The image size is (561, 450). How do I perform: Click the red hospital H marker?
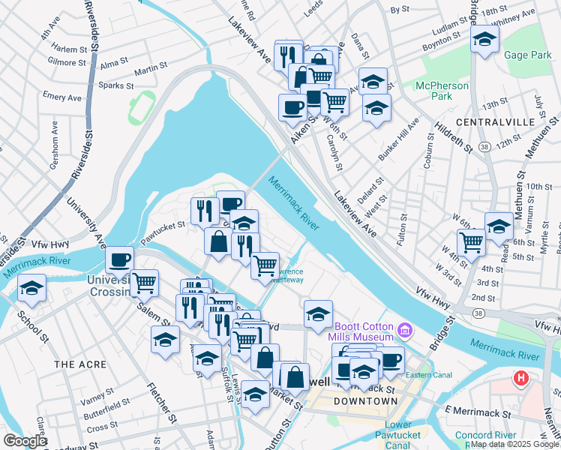coord(521,378)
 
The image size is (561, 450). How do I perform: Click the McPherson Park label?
coord(442,91)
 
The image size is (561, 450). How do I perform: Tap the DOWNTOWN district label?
coord(365,401)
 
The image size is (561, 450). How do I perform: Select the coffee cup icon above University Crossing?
coord(119,259)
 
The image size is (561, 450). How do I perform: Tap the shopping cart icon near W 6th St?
coord(470,241)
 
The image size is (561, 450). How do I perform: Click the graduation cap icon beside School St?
coord(31,287)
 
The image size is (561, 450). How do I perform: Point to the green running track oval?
coord(138,108)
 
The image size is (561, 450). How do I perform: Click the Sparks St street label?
coord(115,85)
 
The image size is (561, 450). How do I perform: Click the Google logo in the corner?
coord(25,440)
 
